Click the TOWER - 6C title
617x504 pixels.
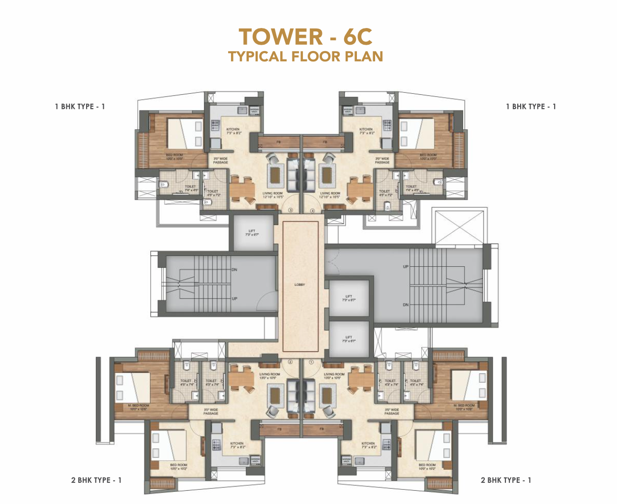(305, 37)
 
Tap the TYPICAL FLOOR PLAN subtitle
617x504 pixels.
(305, 56)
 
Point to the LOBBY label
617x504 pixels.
(300, 284)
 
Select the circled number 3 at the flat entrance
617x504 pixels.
(291, 210)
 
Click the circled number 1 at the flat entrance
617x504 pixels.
(311, 362)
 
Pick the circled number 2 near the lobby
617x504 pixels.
(290, 362)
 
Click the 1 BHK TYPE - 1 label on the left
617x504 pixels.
(80, 107)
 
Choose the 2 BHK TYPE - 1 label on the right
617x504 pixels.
(506, 480)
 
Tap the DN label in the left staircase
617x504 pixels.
(235, 270)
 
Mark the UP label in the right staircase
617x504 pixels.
(406, 267)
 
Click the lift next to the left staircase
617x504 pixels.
(253, 232)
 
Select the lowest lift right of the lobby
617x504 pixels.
(349, 339)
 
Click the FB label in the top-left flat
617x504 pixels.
(278, 142)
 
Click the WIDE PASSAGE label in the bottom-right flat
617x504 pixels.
(392, 411)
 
